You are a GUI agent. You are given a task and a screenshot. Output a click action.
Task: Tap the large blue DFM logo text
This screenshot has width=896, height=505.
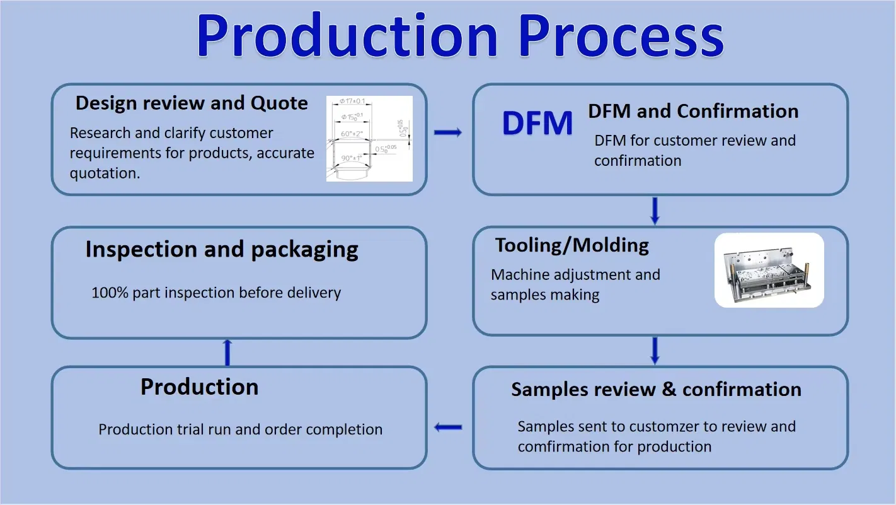[x=537, y=123]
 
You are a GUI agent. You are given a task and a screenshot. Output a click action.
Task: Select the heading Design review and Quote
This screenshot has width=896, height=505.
[x=192, y=103]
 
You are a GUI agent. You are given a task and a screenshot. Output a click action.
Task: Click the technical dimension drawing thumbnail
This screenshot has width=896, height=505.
[x=369, y=139]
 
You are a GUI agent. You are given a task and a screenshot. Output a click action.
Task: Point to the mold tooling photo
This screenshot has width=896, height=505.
[x=769, y=270]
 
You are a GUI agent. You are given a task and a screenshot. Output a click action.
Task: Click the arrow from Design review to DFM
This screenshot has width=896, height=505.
[x=448, y=132]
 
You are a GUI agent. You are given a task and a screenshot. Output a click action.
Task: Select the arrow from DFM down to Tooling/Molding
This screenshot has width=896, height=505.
[x=655, y=211]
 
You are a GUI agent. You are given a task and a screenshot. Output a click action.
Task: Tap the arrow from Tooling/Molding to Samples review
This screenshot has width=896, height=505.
[x=655, y=351]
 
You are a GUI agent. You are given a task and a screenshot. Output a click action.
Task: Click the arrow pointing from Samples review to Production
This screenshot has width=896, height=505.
[x=448, y=427]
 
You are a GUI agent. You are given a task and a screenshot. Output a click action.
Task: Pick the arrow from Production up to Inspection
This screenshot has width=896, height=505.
[x=227, y=352]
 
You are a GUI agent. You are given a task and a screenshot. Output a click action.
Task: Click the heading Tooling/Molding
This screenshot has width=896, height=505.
[x=571, y=245]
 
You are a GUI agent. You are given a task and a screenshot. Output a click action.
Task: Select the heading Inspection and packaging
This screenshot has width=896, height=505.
[x=222, y=250]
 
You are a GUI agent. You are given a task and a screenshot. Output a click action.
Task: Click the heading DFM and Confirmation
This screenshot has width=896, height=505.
[x=693, y=112]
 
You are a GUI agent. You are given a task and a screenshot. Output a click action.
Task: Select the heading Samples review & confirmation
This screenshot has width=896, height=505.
[x=656, y=390]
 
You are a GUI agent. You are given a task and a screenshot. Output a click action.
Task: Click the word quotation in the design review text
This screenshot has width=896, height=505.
[x=105, y=173]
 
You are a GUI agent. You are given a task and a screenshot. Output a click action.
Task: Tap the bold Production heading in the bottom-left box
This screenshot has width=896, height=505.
[x=199, y=387]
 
